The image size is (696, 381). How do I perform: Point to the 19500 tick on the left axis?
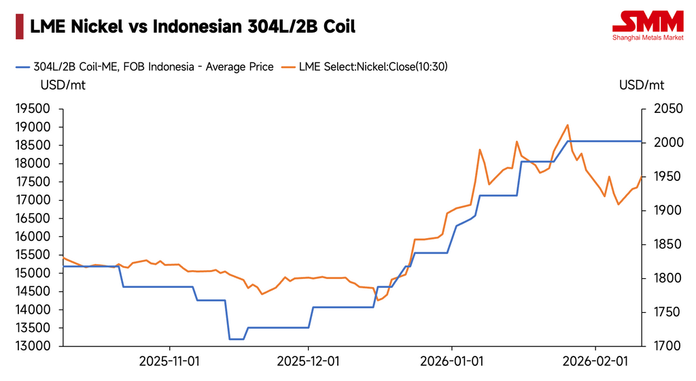33,109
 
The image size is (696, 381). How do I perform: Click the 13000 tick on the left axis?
33,346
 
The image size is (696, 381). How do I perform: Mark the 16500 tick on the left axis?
33,218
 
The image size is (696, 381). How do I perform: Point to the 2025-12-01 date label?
309,360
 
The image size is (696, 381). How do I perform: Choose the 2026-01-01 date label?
452,360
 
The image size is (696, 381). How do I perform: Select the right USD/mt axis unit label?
642,86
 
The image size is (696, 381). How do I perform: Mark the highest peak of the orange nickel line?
568,125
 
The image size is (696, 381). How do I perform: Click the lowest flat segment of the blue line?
237,339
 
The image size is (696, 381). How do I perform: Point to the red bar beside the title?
17,27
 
